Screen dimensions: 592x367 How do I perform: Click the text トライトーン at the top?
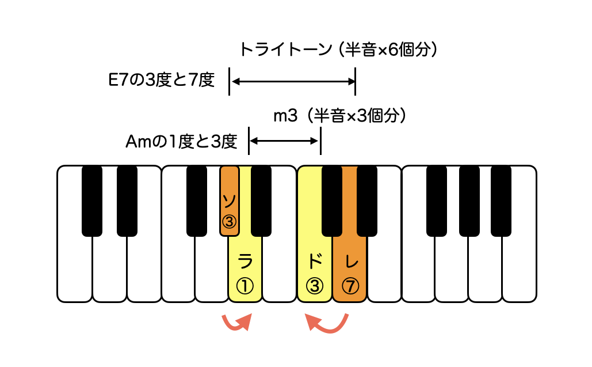[x=286, y=50]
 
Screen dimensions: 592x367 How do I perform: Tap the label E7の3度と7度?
[x=162, y=80]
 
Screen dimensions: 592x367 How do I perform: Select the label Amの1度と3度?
[x=181, y=142]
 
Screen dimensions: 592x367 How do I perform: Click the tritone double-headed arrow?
[x=293, y=81]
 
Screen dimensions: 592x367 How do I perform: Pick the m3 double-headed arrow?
[x=284, y=141]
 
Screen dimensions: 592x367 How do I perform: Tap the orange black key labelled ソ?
[x=229, y=201]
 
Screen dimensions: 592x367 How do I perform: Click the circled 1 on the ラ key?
[x=245, y=286]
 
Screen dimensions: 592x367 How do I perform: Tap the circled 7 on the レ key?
[x=350, y=286]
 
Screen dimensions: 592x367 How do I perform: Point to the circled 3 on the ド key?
[x=315, y=286]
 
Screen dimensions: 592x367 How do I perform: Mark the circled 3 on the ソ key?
[x=229, y=222]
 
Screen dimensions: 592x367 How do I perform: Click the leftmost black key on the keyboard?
[x=91, y=201]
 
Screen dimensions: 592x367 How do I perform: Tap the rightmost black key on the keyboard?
[x=501, y=201]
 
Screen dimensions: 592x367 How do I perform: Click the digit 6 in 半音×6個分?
[x=393, y=50]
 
